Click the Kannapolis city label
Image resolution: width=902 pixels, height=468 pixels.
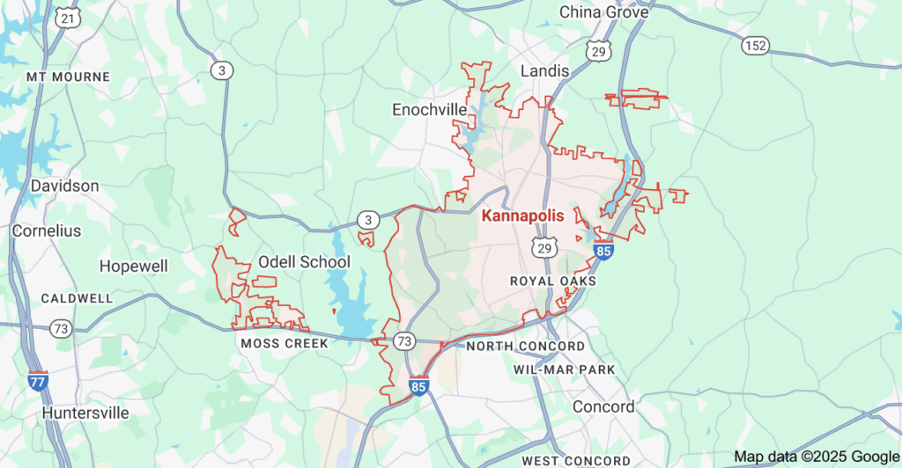523,216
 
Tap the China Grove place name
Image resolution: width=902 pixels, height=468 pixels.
604,12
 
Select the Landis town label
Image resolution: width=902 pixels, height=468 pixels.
544,70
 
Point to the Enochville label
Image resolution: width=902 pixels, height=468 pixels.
429,109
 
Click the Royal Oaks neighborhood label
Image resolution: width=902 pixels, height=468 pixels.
553,281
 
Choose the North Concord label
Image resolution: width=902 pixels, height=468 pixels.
525,347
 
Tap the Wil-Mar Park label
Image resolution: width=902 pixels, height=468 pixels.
564,369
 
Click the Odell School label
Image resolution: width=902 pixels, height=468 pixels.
304,262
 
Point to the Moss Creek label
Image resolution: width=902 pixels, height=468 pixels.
284,343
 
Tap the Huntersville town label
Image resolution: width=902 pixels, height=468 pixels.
85,413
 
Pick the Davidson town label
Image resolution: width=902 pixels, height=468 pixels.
64,186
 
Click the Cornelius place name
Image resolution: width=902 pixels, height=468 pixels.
46,231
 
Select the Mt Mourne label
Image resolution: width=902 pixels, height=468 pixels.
68,77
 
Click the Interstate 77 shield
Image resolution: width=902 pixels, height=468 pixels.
38,381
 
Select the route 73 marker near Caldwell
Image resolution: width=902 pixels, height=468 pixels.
61,328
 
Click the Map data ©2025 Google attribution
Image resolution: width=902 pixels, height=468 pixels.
815,457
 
